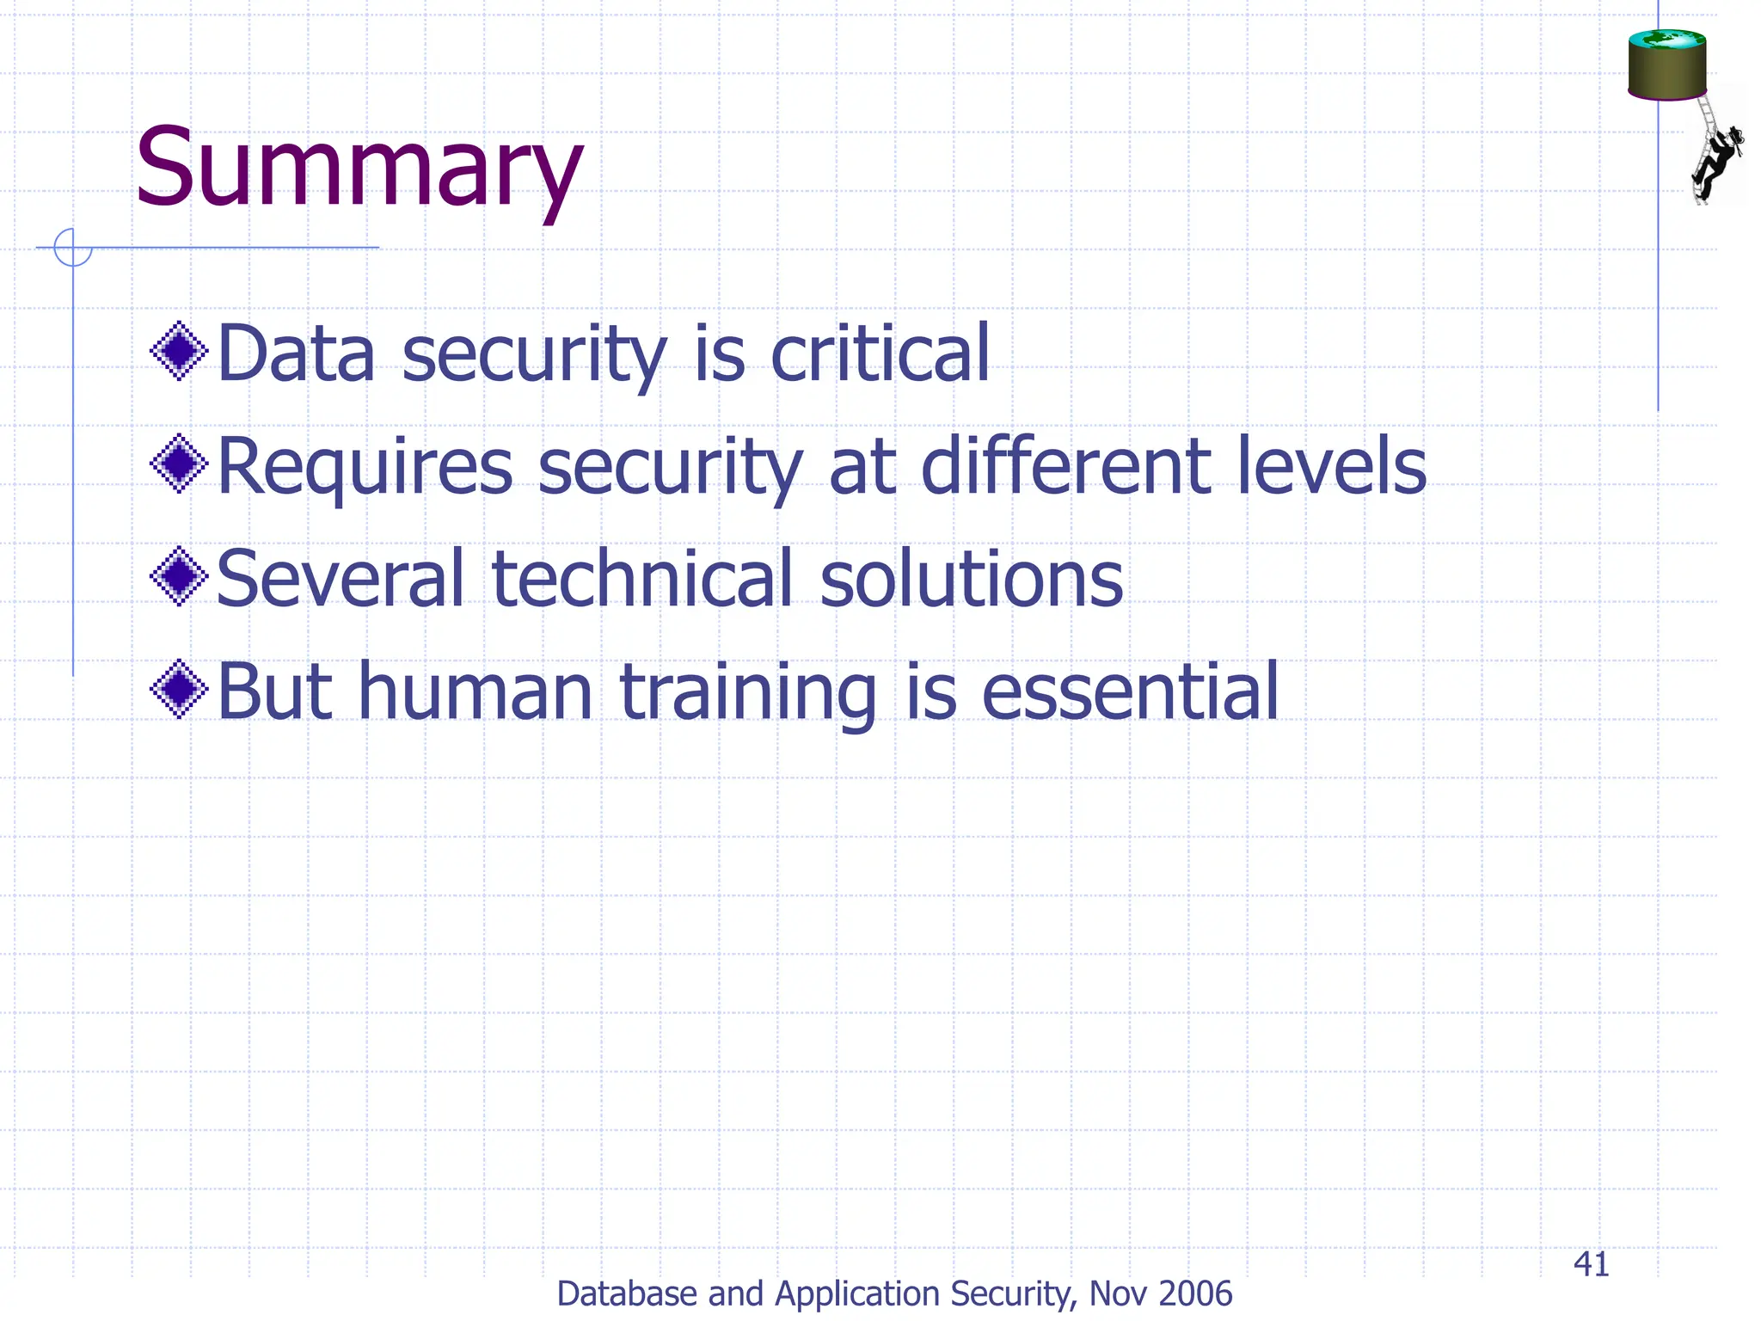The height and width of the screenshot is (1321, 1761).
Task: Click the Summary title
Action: pyautogui.click(x=359, y=168)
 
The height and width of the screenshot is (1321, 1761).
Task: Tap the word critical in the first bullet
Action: pyautogui.click(x=880, y=353)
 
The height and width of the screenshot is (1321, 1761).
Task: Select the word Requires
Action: pyautogui.click(x=365, y=467)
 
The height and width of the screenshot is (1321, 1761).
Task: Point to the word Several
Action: pyautogui.click(x=341, y=579)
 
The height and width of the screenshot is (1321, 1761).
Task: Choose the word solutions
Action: pyautogui.click(x=971, y=579)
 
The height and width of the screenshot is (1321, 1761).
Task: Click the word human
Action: pyautogui.click(x=475, y=691)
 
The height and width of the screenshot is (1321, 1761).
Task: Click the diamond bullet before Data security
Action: pyautogui.click(x=179, y=351)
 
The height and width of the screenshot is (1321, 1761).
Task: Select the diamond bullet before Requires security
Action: pyautogui.click(x=179, y=464)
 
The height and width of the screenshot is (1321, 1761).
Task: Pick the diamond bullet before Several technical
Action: pyautogui.click(x=179, y=576)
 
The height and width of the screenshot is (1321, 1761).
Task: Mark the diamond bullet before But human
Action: pyautogui.click(x=179, y=689)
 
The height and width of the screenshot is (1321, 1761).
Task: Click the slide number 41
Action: pyautogui.click(x=1591, y=1264)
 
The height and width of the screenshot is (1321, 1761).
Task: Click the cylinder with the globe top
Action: pyautogui.click(x=1666, y=65)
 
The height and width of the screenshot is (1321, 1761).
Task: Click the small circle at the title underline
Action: pyautogui.click(x=72, y=248)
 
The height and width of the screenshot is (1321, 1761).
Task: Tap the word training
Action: pyautogui.click(x=748, y=693)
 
